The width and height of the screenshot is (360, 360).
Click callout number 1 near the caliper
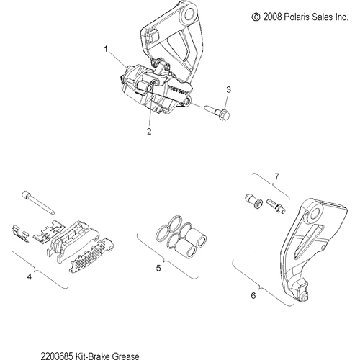[106, 50]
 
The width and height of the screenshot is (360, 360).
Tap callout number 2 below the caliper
[149, 132]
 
